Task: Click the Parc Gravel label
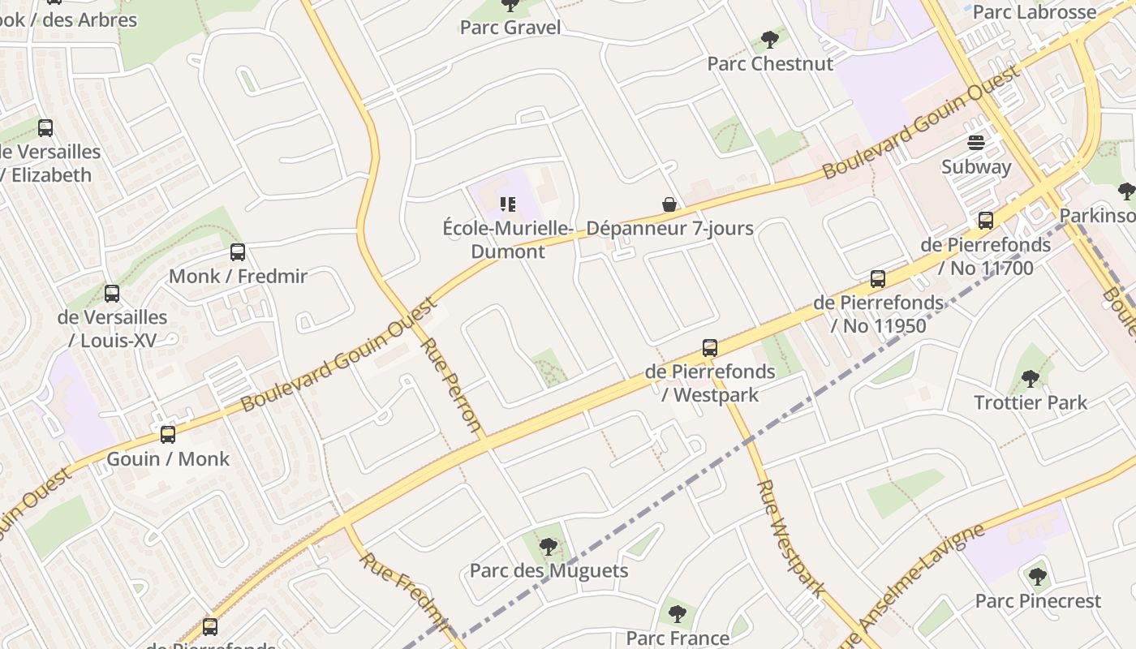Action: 510,28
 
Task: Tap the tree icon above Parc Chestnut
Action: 770,40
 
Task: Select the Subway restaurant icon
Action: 975,144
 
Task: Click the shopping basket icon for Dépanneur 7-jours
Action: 669,204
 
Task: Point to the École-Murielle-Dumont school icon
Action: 508,204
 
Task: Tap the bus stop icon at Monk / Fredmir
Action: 238,252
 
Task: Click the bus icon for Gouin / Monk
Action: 168,435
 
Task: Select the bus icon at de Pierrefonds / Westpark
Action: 710,348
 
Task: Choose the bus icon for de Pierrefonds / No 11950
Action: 877,279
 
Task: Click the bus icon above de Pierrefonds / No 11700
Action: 986,221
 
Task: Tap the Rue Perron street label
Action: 452,385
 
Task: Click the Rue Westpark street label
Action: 790,539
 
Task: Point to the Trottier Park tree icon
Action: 1030,379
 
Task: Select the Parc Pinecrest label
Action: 1038,601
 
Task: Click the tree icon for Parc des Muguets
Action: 549,547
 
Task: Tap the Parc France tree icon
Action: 677,614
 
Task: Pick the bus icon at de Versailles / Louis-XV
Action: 112,294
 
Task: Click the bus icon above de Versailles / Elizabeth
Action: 45,128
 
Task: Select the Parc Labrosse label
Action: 1034,11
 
